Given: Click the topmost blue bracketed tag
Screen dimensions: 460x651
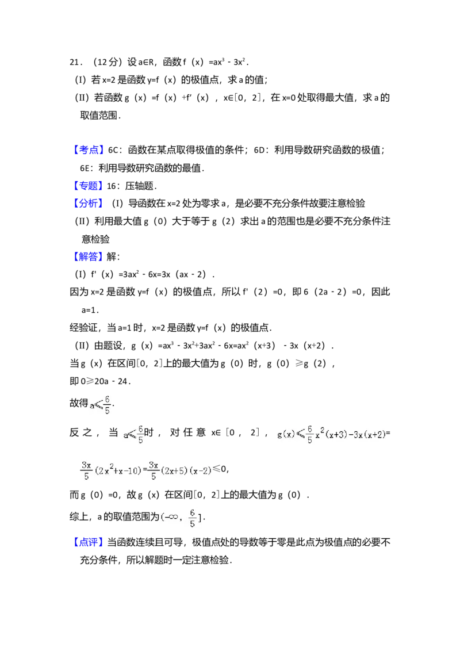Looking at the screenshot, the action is tap(89, 150).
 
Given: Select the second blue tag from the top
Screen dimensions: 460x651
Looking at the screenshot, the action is tap(89, 186).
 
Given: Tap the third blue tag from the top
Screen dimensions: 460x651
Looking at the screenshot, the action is tap(89, 204).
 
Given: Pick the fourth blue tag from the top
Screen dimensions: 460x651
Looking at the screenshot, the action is tap(89, 256).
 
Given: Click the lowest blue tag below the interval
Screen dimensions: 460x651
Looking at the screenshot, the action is tap(89, 542).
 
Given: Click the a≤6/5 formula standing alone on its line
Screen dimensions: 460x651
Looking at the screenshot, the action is tap(101, 404).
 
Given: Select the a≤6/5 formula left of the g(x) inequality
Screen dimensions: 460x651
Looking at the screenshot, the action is tap(133, 435).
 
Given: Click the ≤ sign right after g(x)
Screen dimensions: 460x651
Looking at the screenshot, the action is tap(300, 435).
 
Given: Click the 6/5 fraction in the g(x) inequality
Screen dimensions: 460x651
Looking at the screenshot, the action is tap(309, 435).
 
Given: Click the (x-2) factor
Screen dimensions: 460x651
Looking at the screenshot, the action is tap(201, 470).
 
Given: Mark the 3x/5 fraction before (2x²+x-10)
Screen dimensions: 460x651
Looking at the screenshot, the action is tap(86, 470).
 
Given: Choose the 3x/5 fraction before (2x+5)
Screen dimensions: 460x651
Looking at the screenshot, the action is tap(154, 470).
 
